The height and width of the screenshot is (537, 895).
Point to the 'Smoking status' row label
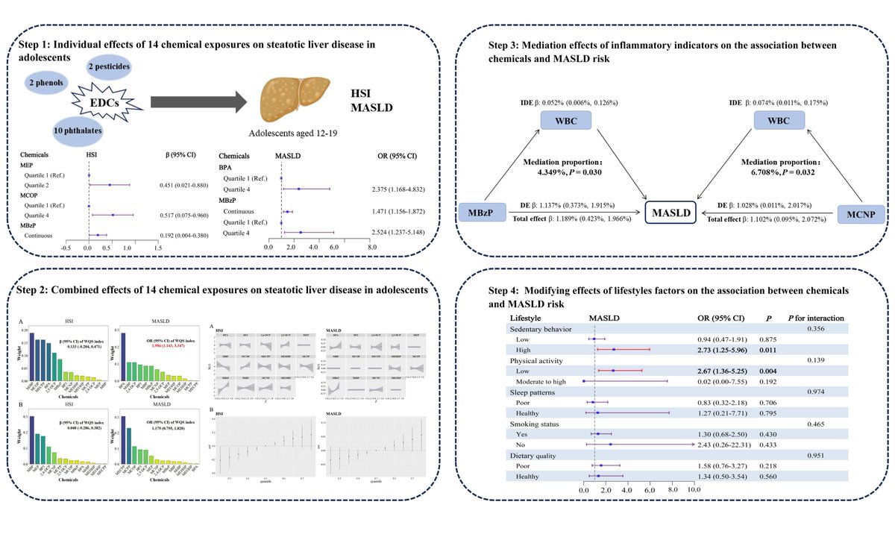point(535,424)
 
